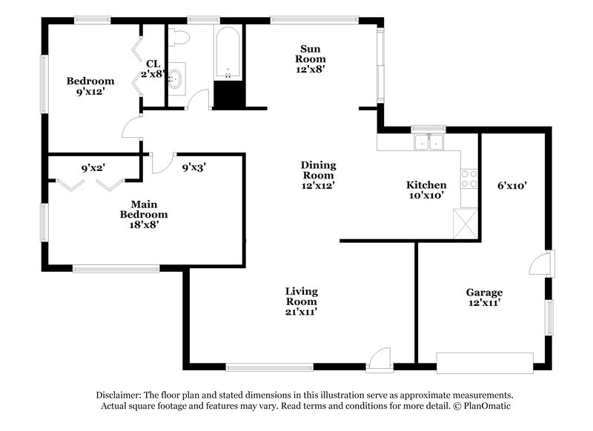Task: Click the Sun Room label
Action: [x=311, y=52]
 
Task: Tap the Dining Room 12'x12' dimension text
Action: [x=318, y=187]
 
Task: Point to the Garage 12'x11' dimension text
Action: [x=484, y=303]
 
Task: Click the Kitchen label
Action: [x=426, y=184]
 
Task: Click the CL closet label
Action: [x=153, y=64]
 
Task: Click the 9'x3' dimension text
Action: [x=193, y=167]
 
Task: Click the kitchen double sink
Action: [x=428, y=141]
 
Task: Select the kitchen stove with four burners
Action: [x=469, y=178]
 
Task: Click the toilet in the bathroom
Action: [x=179, y=36]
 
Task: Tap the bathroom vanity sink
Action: [x=176, y=78]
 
